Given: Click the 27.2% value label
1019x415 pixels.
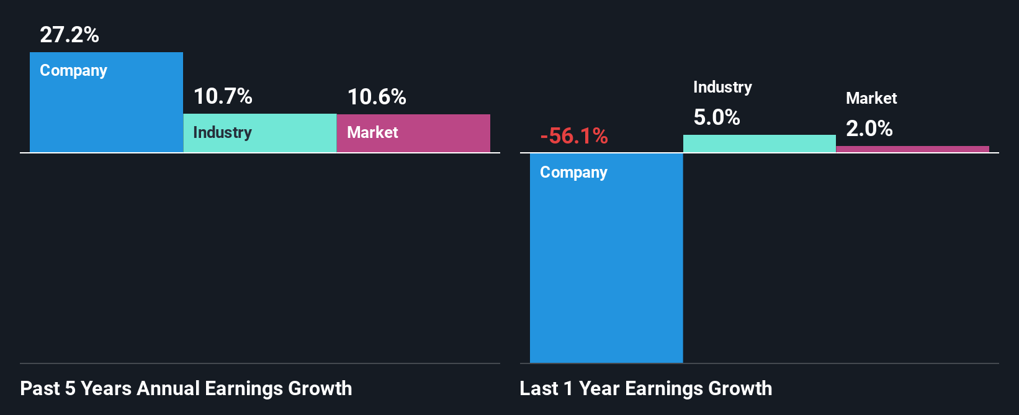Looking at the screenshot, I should [x=70, y=35].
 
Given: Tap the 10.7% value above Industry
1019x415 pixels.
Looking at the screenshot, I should [x=223, y=96].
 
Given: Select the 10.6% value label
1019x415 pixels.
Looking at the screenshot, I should [x=377, y=97].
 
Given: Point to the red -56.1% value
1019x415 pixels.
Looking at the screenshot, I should [x=574, y=136].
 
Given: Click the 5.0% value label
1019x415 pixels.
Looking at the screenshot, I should [x=717, y=117].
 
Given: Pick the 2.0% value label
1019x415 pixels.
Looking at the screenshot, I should [x=869, y=129].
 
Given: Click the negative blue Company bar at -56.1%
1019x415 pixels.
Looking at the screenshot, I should [x=606, y=267].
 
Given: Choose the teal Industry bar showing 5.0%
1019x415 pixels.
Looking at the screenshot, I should [x=759, y=144].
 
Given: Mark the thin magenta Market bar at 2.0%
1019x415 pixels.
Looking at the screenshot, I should [x=912, y=149].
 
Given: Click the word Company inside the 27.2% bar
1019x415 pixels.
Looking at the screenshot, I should [x=73, y=71].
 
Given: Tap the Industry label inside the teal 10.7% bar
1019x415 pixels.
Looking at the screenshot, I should [x=222, y=132].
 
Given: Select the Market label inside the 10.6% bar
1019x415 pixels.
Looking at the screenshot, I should [x=372, y=132].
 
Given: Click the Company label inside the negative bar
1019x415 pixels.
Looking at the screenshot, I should [x=573, y=173].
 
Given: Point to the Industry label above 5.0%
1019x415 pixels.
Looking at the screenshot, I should [x=722, y=88].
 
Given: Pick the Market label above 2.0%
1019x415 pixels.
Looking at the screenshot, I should [x=871, y=98].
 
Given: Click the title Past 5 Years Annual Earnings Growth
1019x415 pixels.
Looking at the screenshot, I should [x=186, y=389].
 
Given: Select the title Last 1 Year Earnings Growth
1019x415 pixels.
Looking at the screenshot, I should [x=646, y=389].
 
